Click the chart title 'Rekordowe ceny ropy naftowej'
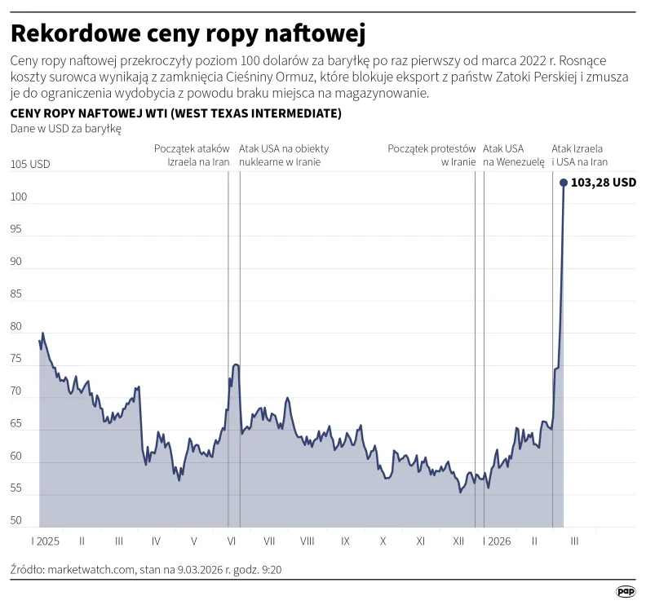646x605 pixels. [x=187, y=34]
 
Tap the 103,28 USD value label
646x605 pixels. [x=604, y=183]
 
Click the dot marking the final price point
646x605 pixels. [x=564, y=183]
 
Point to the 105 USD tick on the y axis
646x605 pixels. [x=30, y=165]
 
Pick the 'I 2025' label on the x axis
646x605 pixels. [x=46, y=541]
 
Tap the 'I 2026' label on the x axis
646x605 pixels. [x=496, y=541]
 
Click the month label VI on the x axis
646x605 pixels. [x=232, y=541]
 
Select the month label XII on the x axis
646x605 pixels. [x=458, y=541]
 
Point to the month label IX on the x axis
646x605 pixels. [x=345, y=541]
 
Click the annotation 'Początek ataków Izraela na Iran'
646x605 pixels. [x=192, y=155]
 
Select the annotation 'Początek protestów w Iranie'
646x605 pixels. [x=431, y=155]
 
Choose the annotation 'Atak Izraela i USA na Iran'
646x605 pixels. [x=579, y=155]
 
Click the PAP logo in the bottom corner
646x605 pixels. [x=626, y=590]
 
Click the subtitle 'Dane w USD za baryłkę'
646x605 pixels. [x=65, y=129]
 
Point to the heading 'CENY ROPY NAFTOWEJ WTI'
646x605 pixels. [x=175, y=113]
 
